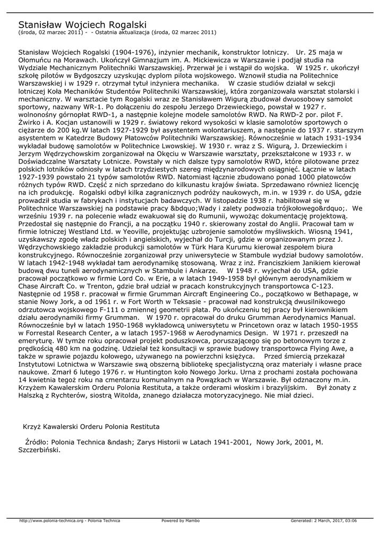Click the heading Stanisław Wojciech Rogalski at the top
tap(82, 24)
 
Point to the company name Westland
tap(96, 232)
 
